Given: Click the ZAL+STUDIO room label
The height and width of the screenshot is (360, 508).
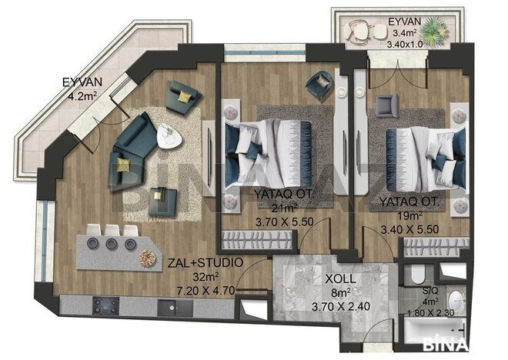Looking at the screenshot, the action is tap(205, 262).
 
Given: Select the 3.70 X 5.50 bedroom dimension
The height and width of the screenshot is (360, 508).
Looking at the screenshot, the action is tap(285, 222).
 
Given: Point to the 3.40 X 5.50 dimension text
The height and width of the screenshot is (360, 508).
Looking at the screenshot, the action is tap(409, 230).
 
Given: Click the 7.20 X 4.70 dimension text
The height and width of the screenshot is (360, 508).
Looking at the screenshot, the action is tap(206, 291).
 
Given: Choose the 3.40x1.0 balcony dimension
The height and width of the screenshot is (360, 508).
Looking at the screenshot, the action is tap(405, 44).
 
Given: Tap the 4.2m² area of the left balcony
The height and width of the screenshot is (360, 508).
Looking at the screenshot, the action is tap(82, 96).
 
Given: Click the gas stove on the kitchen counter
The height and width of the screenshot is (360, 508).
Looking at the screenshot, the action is tap(105, 305).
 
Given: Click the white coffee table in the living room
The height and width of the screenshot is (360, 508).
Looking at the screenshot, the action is tap(169, 136).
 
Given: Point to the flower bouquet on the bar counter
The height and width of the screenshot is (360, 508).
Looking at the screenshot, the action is tap(148, 258).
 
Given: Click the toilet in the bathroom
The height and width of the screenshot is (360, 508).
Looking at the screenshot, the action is tap(418, 275).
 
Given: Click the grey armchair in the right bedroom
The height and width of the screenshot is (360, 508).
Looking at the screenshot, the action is tap(387, 106).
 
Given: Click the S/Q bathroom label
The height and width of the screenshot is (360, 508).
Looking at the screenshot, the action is tap(430, 291).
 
